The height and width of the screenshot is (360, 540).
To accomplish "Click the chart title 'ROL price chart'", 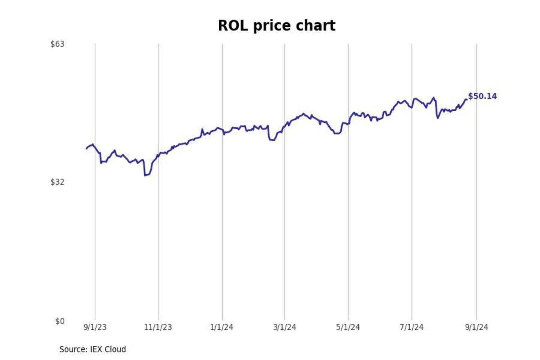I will (276, 26).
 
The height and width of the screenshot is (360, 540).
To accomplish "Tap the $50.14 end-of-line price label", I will (482, 96).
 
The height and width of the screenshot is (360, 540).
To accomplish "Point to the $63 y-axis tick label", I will (57, 44).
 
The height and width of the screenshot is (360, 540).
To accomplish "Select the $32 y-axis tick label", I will (57, 182).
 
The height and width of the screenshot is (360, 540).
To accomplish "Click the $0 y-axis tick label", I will (60, 321).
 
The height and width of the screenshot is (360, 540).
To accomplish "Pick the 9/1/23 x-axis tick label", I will (95, 327).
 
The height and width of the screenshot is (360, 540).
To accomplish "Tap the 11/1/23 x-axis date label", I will (158, 327).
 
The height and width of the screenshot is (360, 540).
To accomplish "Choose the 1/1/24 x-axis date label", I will (222, 327).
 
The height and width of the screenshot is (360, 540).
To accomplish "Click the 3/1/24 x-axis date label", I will (285, 327).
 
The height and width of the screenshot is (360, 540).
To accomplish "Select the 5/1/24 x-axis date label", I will (348, 327).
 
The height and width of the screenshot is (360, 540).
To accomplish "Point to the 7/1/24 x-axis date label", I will (411, 327).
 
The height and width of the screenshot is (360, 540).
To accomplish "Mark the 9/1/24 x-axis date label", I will (477, 327).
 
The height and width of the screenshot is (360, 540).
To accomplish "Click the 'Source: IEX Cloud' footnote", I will (93, 349).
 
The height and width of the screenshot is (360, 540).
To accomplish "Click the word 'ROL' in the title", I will (233, 26).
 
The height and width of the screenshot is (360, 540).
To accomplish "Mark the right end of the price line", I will (466, 99).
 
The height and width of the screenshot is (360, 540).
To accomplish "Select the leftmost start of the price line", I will (87, 148).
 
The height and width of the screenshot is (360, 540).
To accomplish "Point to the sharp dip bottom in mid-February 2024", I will (272, 140).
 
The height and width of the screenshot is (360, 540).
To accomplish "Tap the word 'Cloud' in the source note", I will (115, 349).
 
